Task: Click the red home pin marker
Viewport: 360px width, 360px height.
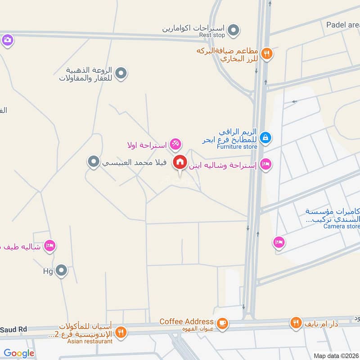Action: point(180,162)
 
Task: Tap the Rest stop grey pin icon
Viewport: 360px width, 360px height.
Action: point(233,31)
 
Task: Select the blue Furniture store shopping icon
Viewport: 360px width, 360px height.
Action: point(265,137)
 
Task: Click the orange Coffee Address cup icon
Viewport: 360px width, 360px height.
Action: point(222,323)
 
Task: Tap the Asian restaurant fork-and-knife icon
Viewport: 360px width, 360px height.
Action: point(120,333)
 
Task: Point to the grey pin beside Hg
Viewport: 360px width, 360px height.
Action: point(62,271)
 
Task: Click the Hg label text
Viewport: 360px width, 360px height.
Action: point(48,271)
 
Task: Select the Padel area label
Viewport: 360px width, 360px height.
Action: point(343,25)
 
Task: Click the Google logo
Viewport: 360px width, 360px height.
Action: point(19,353)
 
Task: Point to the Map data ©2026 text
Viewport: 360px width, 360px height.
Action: point(336,355)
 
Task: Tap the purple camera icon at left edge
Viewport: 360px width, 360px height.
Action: point(7,40)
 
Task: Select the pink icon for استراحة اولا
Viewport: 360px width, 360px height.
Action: point(176,144)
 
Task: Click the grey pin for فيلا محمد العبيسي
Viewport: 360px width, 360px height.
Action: point(94,161)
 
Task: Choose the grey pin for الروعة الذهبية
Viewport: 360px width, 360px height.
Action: point(121,73)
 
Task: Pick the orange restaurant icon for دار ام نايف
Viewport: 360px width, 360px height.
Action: point(296,323)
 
